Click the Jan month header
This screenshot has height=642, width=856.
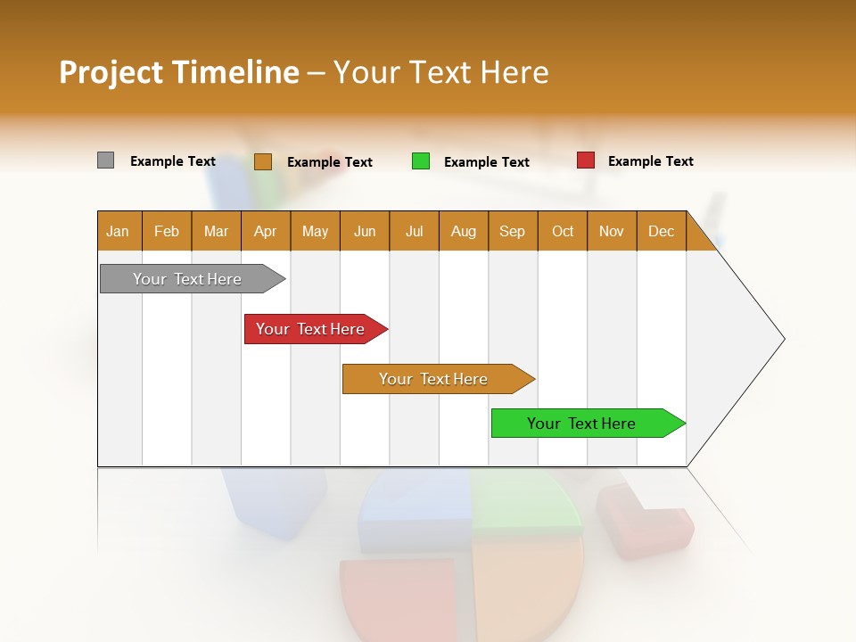(118, 231)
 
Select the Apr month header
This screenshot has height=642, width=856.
(265, 231)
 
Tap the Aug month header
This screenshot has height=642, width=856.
(463, 231)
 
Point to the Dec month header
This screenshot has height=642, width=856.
(661, 231)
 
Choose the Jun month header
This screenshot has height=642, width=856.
(364, 231)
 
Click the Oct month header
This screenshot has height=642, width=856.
(562, 231)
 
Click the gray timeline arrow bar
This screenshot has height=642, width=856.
(187, 279)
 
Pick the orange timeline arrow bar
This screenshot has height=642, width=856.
(433, 379)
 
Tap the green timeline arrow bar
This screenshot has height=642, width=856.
(581, 424)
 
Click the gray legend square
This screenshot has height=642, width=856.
(105, 160)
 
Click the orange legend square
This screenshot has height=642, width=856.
(262, 161)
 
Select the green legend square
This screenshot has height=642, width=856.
(420, 161)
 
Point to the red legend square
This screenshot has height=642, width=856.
(585, 160)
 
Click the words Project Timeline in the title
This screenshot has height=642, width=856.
(178, 72)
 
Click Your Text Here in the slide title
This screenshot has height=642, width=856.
(440, 72)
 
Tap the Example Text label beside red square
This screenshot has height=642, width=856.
(650, 161)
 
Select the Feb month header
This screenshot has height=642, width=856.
(166, 231)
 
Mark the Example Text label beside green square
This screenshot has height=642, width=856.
(486, 162)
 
